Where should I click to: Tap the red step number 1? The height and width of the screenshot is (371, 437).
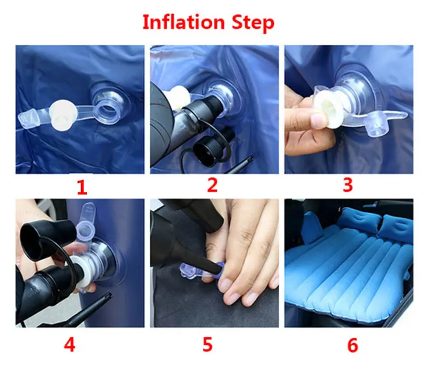[82, 188]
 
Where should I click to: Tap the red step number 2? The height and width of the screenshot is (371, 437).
[213, 186]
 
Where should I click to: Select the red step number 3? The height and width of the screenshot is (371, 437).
[348, 185]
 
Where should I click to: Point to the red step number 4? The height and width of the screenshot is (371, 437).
[69, 345]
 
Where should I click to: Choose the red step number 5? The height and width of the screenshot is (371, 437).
[207, 345]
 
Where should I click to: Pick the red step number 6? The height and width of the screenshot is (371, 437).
[352, 345]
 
